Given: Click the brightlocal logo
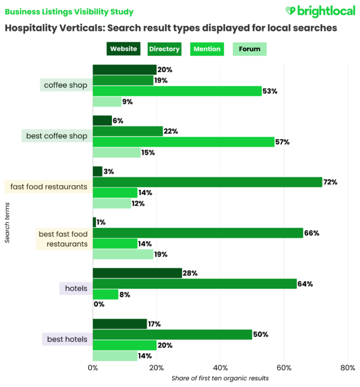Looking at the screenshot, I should pyautogui.click(x=319, y=11).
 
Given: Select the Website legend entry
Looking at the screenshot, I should pyautogui.click(x=123, y=49).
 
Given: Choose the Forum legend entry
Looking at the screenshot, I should pyautogui.click(x=250, y=49).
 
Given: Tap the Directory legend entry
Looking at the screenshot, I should pyautogui.click(x=164, y=49).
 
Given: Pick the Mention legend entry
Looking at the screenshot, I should pyautogui.click(x=208, y=49).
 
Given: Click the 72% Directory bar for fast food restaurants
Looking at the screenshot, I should pyautogui.click(x=207, y=182).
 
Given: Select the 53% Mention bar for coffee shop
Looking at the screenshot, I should pyautogui.click(x=177, y=91).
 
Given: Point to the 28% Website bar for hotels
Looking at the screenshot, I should pyautogui.click(x=137, y=273).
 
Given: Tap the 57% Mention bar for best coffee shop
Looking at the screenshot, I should pyautogui.click(x=183, y=142).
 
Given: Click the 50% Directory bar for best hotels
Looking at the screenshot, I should pyautogui.click(x=172, y=334).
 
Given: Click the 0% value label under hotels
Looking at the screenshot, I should pyautogui.click(x=100, y=305).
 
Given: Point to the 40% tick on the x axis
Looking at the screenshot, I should pyautogui.click(x=220, y=368).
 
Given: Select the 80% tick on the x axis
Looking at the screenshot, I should pyautogui.click(x=348, y=368).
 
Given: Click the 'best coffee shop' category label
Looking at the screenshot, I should pyautogui.click(x=57, y=136).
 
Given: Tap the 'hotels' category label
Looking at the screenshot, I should pyautogui.click(x=76, y=289).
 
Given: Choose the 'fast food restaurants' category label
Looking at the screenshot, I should pyautogui.click(x=47, y=187).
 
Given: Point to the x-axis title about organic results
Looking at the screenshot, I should pyautogui.click(x=220, y=378).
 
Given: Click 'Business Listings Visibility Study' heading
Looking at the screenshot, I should pyautogui.click(x=70, y=11).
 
